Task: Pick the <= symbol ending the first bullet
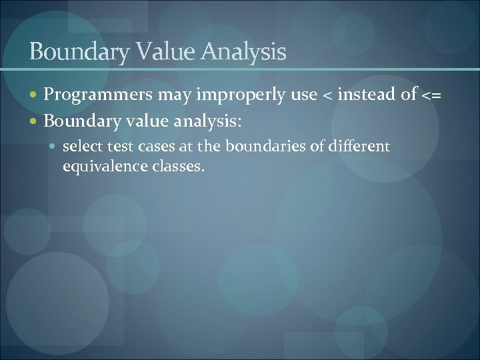(431, 97)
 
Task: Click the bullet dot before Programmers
(36, 97)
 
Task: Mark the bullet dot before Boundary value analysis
(36, 121)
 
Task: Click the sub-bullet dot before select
(55, 145)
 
